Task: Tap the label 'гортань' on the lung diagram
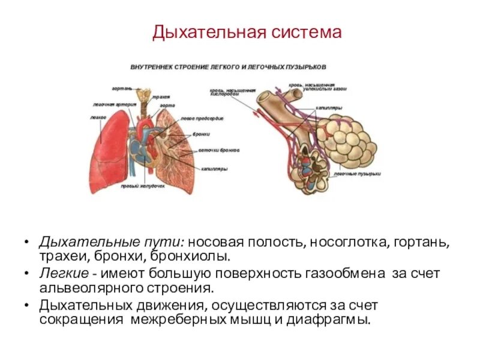pyautogui.click(x=121, y=88)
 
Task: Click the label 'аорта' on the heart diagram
pyautogui.click(x=167, y=106)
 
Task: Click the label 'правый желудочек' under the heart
pyautogui.click(x=142, y=187)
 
